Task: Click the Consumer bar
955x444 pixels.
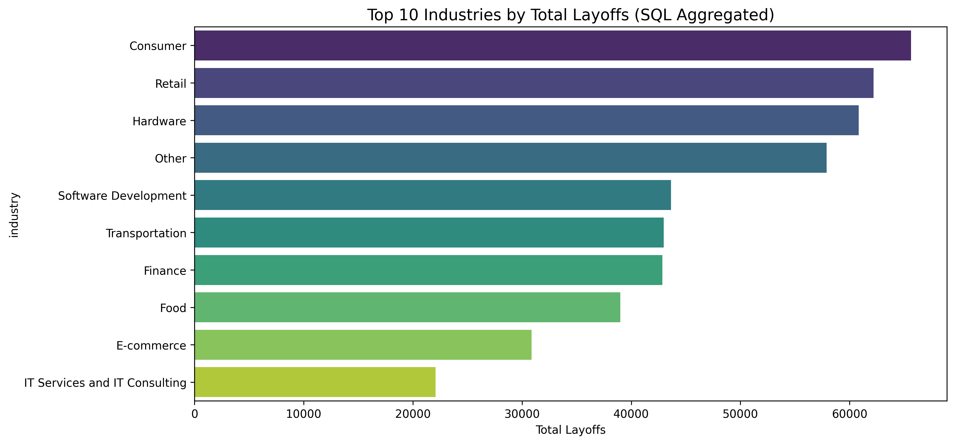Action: pos(552,46)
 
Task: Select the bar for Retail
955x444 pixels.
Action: pos(534,83)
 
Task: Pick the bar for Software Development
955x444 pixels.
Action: pos(433,195)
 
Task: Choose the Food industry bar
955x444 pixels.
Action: pos(407,307)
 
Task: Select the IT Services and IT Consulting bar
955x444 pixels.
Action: pos(315,382)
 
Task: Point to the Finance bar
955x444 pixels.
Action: pos(428,270)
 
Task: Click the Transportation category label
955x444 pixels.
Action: pos(146,233)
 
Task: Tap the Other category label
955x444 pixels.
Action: pos(170,158)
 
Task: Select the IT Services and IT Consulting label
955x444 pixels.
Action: pos(105,382)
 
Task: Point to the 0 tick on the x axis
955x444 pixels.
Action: pos(195,414)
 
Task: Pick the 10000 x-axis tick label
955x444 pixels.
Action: pos(304,414)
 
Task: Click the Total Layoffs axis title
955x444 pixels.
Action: pos(571,430)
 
